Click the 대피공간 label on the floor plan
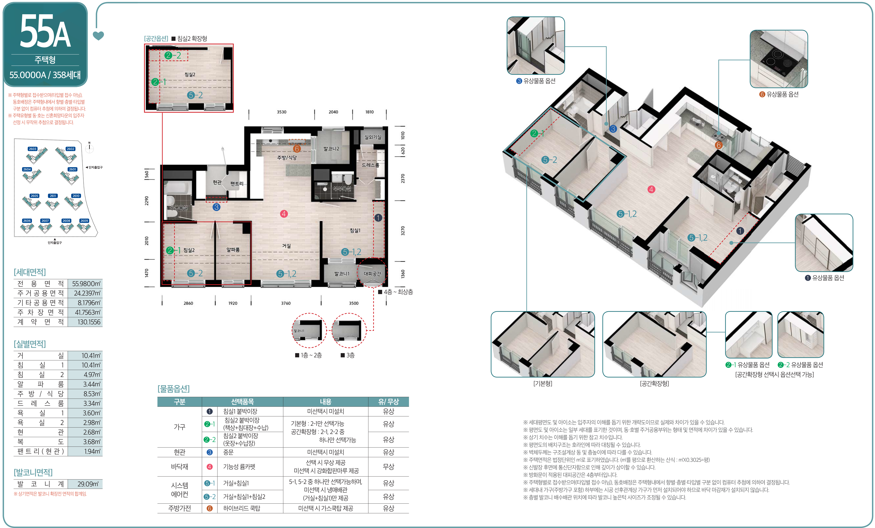pyautogui.click(x=372, y=274)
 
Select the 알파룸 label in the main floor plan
pyautogui.click(x=233, y=250)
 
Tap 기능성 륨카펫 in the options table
pyautogui.click(x=239, y=467)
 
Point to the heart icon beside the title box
pyautogui.click(x=98, y=36)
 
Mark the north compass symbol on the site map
pyautogui.click(x=89, y=148)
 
